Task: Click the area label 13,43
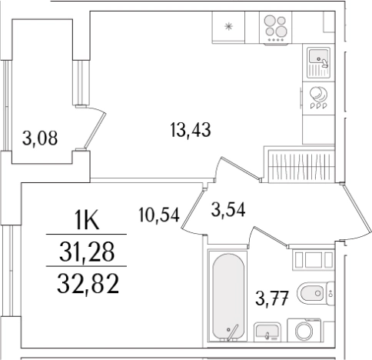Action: point(191,130)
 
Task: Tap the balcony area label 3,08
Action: point(40,138)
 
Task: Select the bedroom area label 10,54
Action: point(158,214)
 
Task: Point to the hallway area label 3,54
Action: point(228,209)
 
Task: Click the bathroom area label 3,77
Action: point(272,298)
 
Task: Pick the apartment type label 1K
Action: point(87,220)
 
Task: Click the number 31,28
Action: point(87,252)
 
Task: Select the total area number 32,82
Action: point(88,283)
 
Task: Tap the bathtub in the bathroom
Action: point(228,297)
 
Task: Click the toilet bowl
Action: point(313,293)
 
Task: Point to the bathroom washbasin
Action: point(267,332)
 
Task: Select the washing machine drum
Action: point(304,331)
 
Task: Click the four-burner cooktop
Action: point(275,28)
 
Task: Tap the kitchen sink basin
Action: point(318,57)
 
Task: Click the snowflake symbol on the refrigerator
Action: point(228,26)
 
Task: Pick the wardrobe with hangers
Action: point(301,166)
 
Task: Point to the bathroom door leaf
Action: point(270,237)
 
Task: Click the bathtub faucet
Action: point(232,334)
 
